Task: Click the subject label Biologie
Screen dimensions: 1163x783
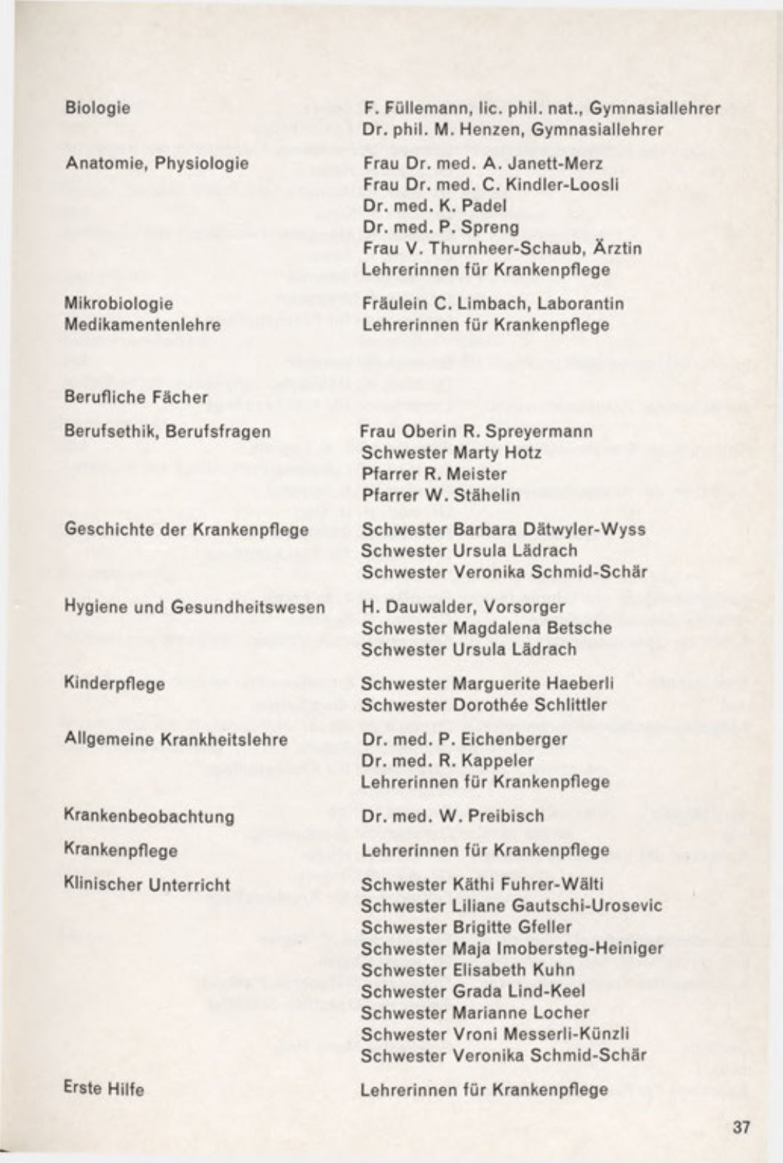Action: click(98, 108)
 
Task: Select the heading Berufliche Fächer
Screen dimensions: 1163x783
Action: click(136, 397)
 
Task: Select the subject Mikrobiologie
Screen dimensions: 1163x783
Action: click(119, 303)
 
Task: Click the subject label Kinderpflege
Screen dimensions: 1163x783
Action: click(115, 685)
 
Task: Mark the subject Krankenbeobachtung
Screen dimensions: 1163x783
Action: click(149, 816)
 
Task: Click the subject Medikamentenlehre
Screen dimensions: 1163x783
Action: click(143, 325)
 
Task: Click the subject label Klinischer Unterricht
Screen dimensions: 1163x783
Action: click(147, 886)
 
